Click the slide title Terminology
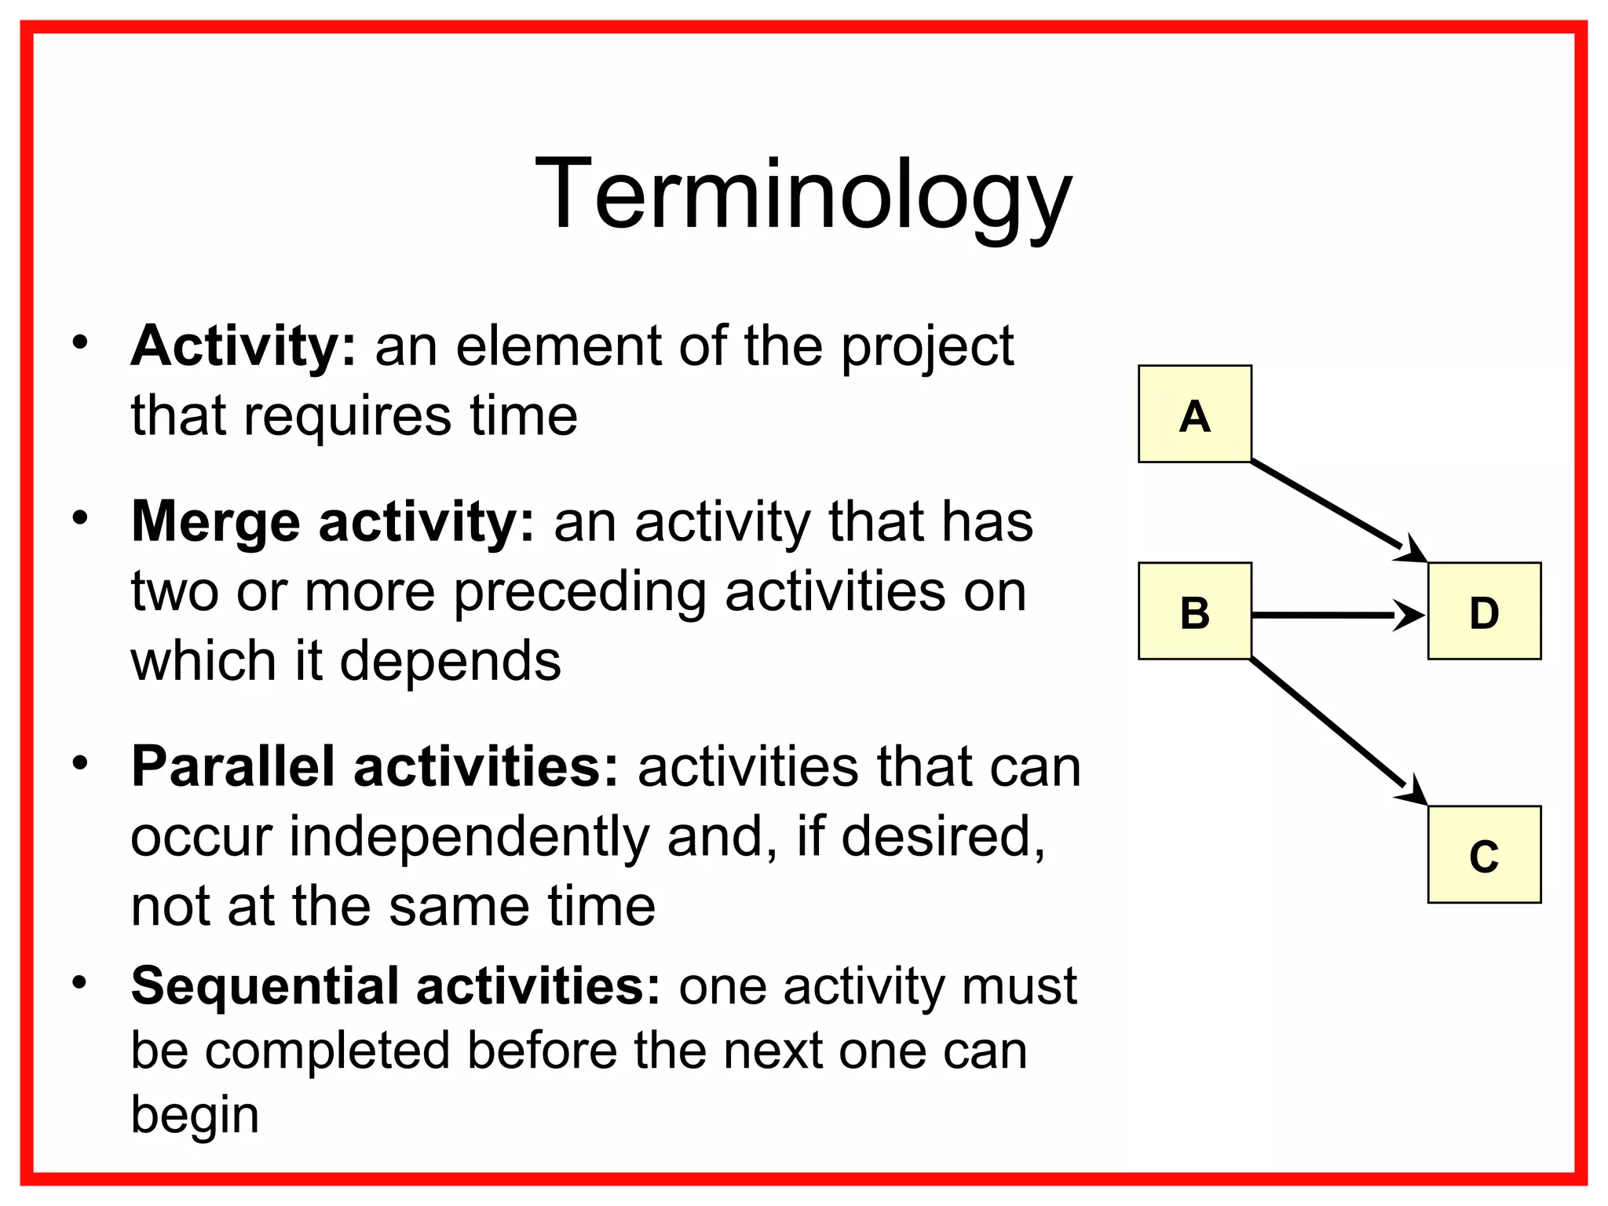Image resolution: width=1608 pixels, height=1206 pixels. [802, 195]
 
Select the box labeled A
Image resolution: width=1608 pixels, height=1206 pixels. [1194, 414]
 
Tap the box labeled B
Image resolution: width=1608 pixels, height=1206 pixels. [1194, 611]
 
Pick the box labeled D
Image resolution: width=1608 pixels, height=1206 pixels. [1483, 611]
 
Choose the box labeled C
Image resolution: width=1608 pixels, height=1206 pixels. [1483, 854]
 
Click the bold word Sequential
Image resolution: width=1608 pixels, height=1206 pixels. [265, 985]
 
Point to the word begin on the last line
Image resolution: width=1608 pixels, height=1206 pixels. [195, 1115]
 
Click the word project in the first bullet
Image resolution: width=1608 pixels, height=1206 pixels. [927, 348]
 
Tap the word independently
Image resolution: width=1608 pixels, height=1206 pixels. [469, 836]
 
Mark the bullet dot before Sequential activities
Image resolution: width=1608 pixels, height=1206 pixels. [79, 982]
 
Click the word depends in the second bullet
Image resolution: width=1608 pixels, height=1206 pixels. [451, 661]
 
